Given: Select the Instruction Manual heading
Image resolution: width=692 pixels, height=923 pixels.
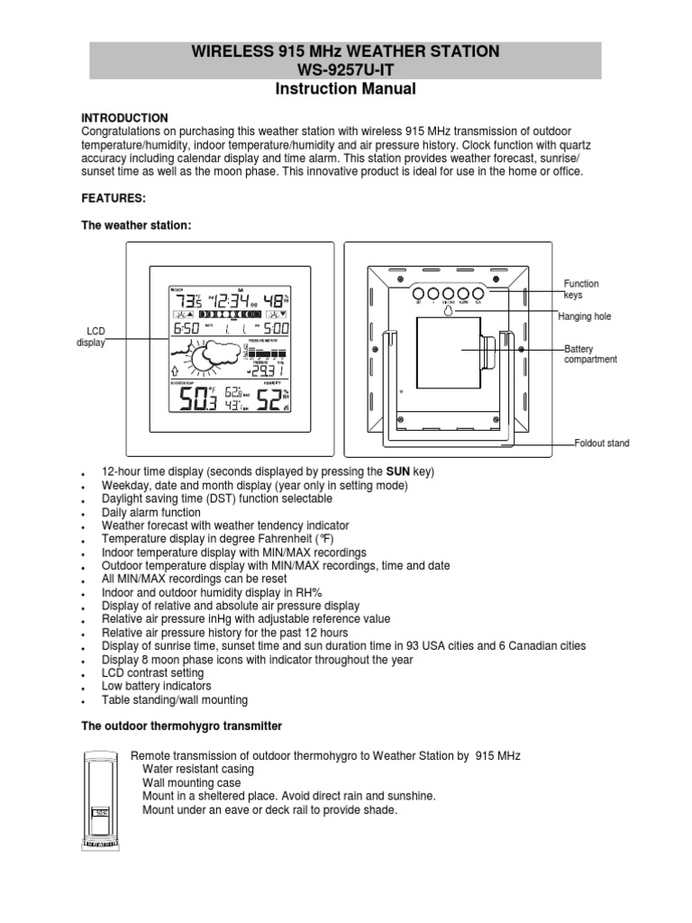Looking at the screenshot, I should [345, 88].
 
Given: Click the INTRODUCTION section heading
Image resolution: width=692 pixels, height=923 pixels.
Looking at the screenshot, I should [125, 118].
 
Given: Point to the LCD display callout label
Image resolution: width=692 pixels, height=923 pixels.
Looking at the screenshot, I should [90, 337].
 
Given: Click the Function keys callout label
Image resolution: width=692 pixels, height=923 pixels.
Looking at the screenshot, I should [580, 289].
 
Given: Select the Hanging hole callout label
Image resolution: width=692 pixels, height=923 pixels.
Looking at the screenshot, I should [585, 316].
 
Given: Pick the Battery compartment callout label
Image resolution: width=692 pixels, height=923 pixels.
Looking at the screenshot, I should [590, 353].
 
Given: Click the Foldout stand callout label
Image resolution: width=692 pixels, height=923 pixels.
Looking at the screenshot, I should [603, 443].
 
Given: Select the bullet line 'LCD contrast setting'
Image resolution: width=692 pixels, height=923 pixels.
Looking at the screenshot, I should [152, 673].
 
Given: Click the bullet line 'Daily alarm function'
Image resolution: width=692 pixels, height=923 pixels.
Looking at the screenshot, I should [151, 512].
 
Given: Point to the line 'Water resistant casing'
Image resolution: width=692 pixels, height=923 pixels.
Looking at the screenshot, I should [198, 769].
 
